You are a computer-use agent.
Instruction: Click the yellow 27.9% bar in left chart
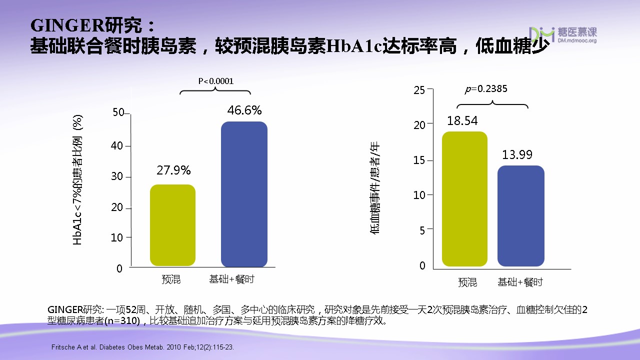[172, 225]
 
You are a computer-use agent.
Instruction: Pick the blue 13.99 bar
[520, 215]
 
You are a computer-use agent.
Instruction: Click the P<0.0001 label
[216, 81]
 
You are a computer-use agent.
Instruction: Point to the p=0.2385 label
[486, 89]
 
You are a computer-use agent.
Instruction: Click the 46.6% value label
[244, 110]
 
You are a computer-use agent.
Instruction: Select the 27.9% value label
[173, 170]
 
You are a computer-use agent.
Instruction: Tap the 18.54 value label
[462, 120]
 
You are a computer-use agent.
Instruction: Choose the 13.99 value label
[517, 155]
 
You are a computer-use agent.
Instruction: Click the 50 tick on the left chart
[118, 112]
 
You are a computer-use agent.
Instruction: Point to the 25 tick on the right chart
[419, 90]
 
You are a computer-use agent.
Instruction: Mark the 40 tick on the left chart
[117, 146]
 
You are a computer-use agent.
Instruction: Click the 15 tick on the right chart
[419, 160]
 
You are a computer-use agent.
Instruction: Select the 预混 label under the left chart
[171, 279]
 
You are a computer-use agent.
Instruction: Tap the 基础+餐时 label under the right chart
[520, 282]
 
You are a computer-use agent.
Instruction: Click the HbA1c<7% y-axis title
[77, 180]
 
